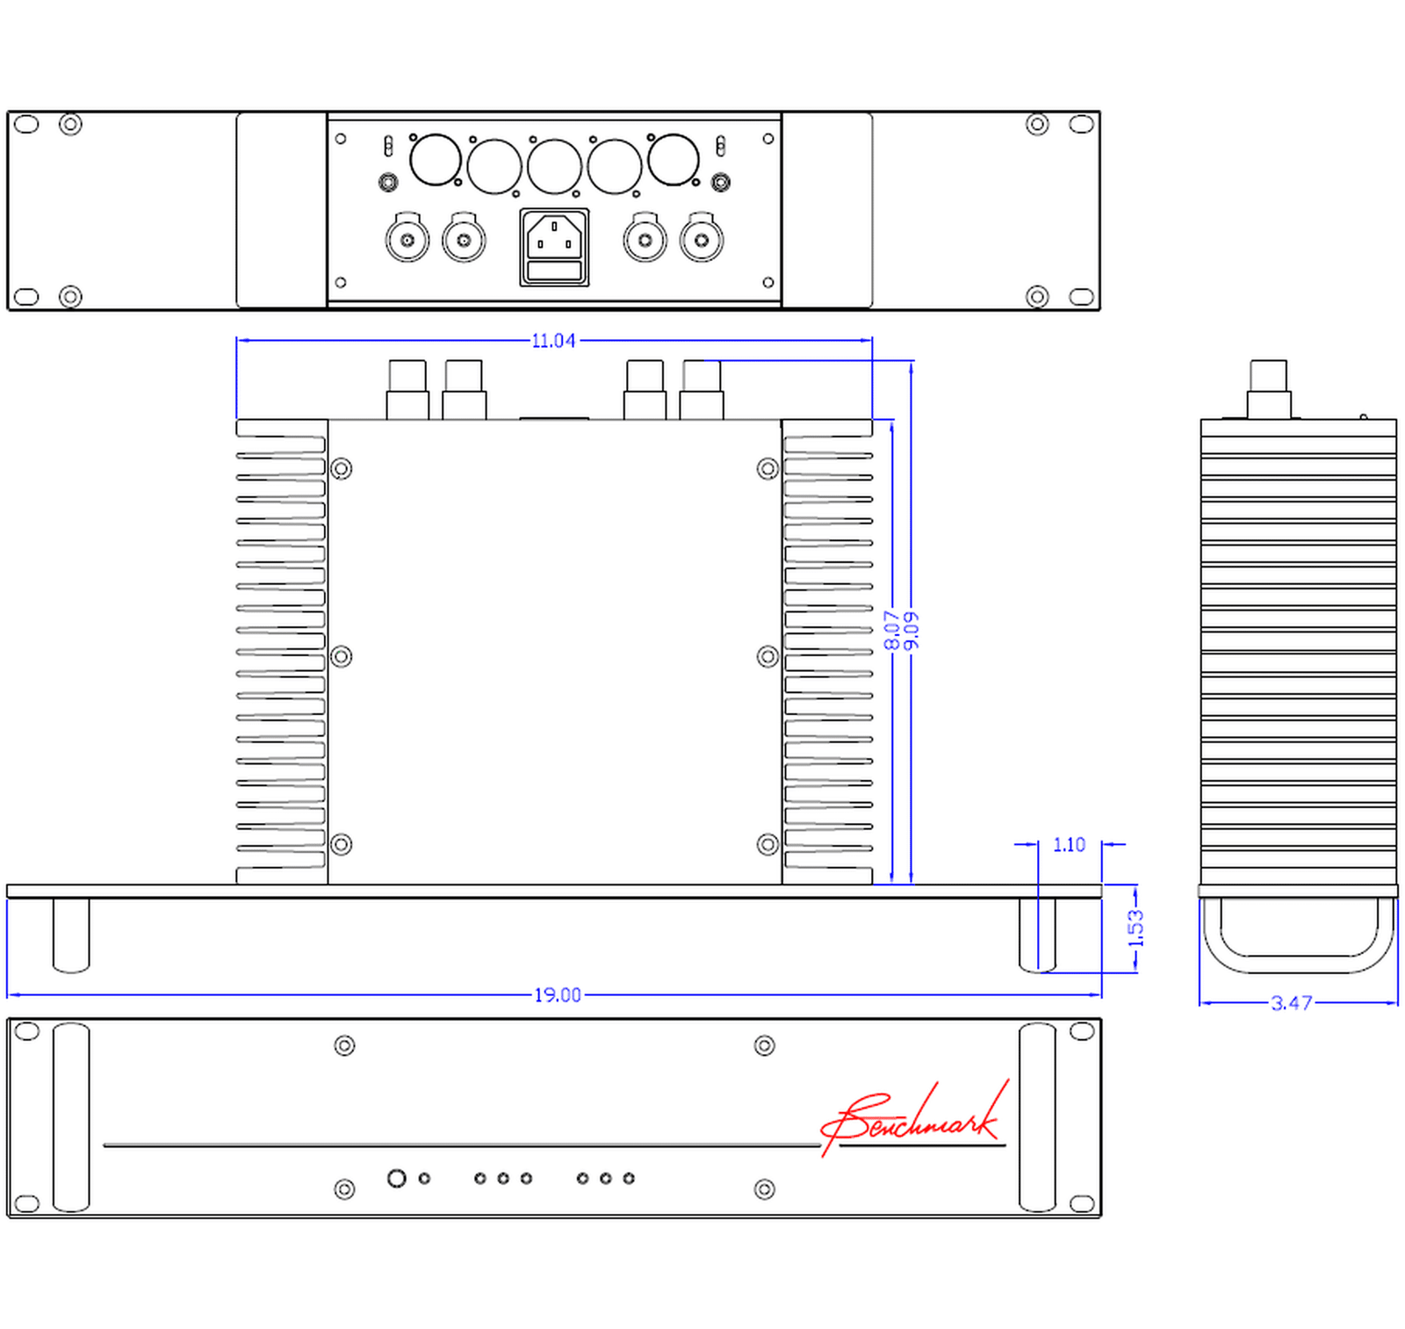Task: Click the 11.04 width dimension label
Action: tap(553, 341)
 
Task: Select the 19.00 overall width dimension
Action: tap(558, 995)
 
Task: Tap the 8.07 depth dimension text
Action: tap(892, 630)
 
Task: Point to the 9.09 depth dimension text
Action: tap(911, 630)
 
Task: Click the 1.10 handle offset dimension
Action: tap(1069, 845)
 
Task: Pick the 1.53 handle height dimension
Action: tap(1135, 927)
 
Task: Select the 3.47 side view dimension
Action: tap(1292, 1003)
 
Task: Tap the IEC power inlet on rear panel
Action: tap(554, 247)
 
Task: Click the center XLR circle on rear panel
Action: tap(554, 166)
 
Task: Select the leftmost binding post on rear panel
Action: tap(407, 240)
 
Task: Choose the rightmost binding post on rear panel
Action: tap(702, 240)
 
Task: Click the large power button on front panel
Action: tap(397, 1178)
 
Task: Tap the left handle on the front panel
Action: tap(71, 1117)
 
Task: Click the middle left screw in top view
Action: tap(342, 656)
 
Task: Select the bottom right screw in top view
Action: tap(767, 844)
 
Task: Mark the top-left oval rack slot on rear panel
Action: tap(27, 124)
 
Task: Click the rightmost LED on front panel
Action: tap(629, 1178)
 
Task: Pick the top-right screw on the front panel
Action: tap(765, 1045)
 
